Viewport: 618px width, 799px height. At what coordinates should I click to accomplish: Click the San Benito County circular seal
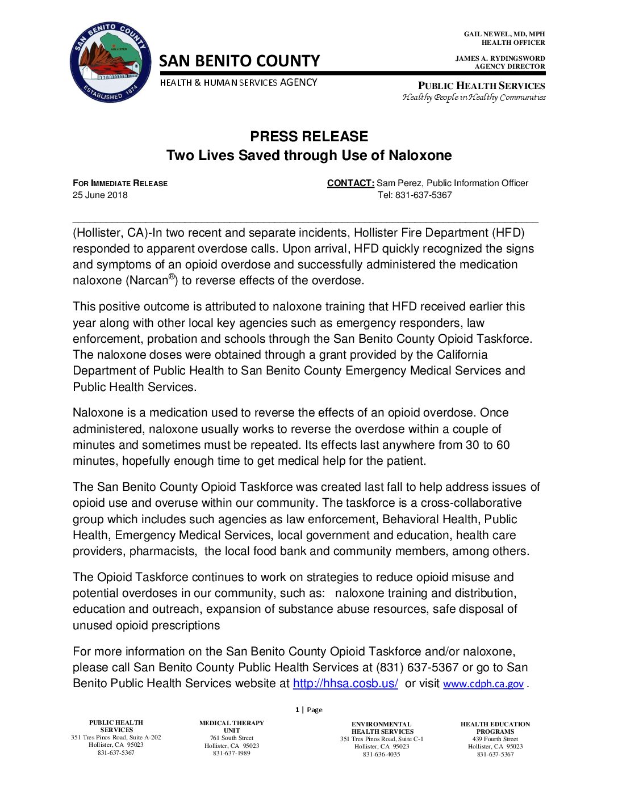[110, 62]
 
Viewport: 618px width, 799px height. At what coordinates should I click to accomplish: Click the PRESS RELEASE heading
[309, 136]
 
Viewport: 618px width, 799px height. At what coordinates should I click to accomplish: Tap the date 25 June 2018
[100, 195]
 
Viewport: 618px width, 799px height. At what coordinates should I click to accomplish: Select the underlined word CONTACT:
[350, 183]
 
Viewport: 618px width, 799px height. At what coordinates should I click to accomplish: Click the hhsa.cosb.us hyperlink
[345, 683]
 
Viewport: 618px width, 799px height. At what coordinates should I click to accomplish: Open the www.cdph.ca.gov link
[483, 684]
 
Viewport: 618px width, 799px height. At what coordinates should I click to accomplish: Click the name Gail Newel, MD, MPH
[504, 34]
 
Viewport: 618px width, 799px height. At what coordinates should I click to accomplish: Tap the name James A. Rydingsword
[500, 58]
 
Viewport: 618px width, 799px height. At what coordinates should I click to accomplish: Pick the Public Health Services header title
[481, 86]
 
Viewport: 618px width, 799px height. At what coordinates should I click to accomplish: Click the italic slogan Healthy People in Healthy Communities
[474, 97]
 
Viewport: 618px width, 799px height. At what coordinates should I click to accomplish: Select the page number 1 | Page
[308, 709]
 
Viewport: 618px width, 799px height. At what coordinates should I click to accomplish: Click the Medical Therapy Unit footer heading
[231, 726]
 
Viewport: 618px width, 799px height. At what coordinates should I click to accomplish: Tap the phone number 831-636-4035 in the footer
[381, 754]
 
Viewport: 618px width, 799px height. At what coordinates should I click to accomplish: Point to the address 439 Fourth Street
[495, 739]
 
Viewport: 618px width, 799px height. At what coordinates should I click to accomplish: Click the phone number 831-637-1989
[231, 753]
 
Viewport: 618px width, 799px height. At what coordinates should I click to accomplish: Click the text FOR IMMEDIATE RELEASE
[120, 183]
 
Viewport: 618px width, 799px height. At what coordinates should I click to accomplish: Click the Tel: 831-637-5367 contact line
[415, 195]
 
